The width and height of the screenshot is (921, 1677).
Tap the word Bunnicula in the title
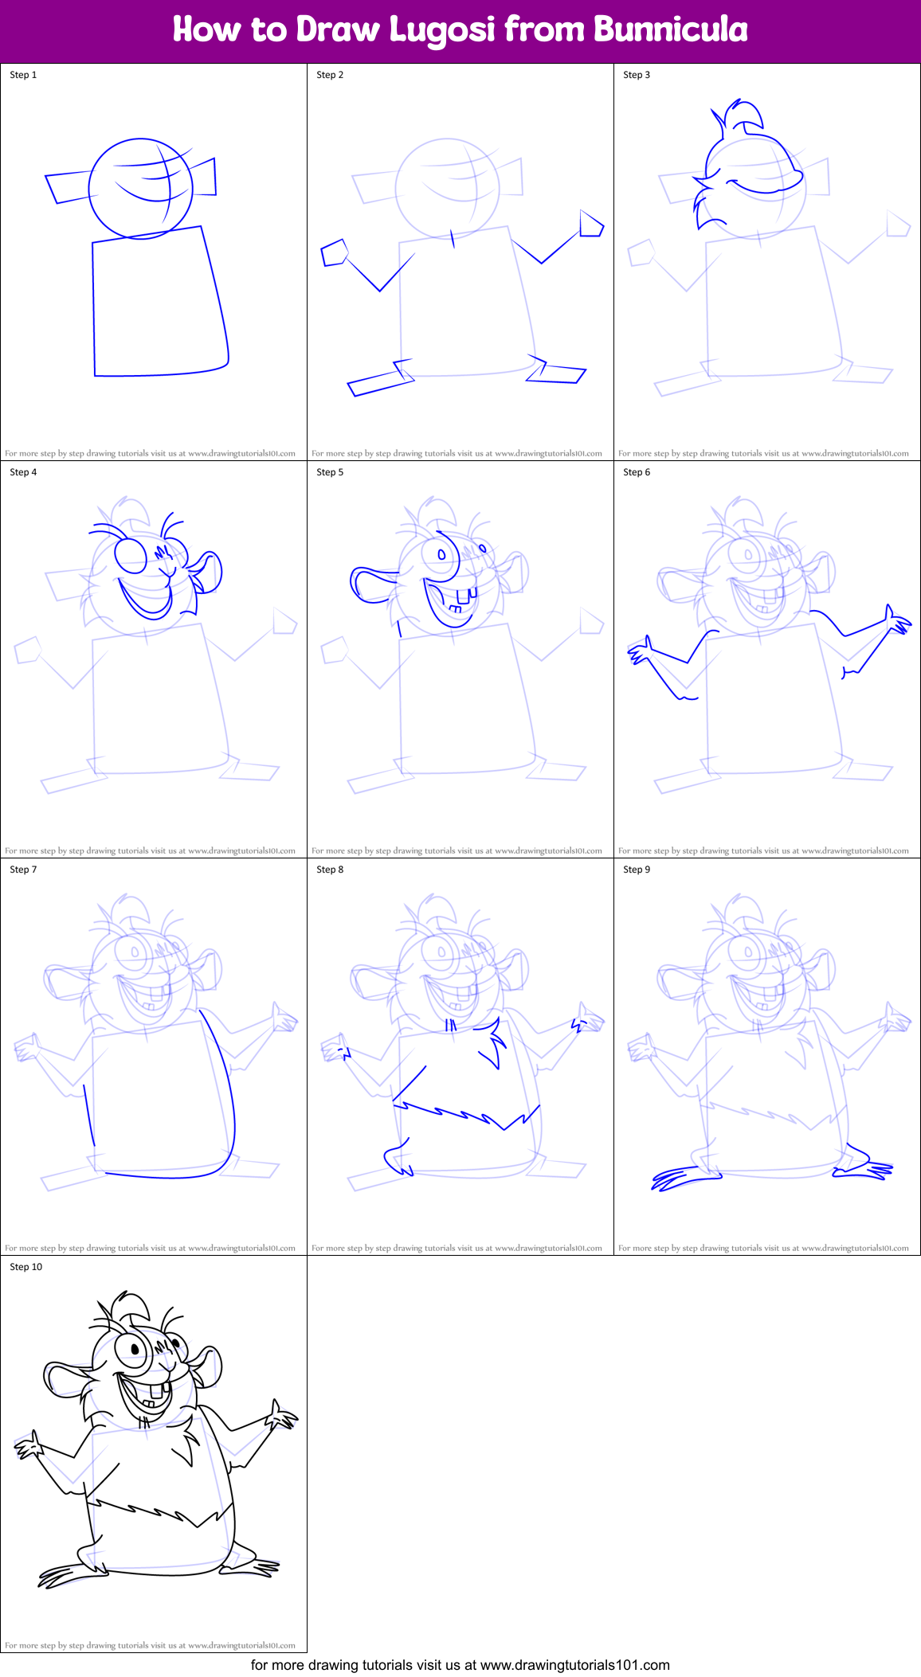670,30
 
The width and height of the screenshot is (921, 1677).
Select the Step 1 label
23,75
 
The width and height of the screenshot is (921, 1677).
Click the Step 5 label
330,472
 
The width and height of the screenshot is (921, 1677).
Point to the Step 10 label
25,1267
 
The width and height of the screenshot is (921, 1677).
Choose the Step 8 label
330,870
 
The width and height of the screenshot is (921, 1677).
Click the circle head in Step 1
140,189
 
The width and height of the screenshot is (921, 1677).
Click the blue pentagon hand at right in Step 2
591,225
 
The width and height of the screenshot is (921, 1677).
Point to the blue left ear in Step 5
370,585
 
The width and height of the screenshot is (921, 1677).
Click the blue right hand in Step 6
897,622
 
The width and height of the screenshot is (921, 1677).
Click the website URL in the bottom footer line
575,1665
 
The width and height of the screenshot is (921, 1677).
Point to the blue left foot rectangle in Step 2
380,384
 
